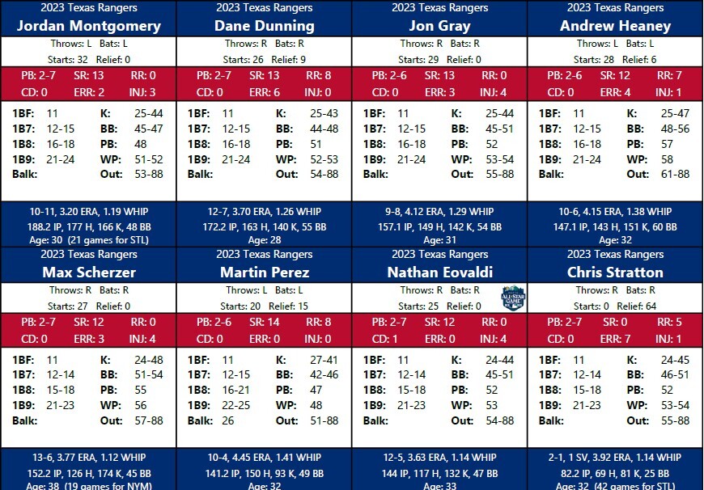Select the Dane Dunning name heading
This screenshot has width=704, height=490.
pyautogui.click(x=265, y=25)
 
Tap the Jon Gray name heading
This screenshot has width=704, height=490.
pyautogui.click(x=439, y=25)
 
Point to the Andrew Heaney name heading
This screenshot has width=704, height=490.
pyautogui.click(x=615, y=25)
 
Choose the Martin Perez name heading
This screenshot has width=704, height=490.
pyautogui.click(x=265, y=272)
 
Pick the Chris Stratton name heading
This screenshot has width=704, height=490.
pyautogui.click(x=615, y=272)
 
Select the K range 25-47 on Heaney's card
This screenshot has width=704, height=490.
pyautogui.click(x=675, y=114)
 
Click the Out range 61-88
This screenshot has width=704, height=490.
pyautogui.click(x=675, y=174)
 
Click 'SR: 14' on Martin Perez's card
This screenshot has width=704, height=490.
pyautogui.click(x=265, y=323)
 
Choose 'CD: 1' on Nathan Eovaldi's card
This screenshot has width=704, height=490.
pyautogui.click(x=386, y=339)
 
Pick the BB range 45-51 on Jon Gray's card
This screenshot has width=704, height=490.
pyautogui.click(x=499, y=129)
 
